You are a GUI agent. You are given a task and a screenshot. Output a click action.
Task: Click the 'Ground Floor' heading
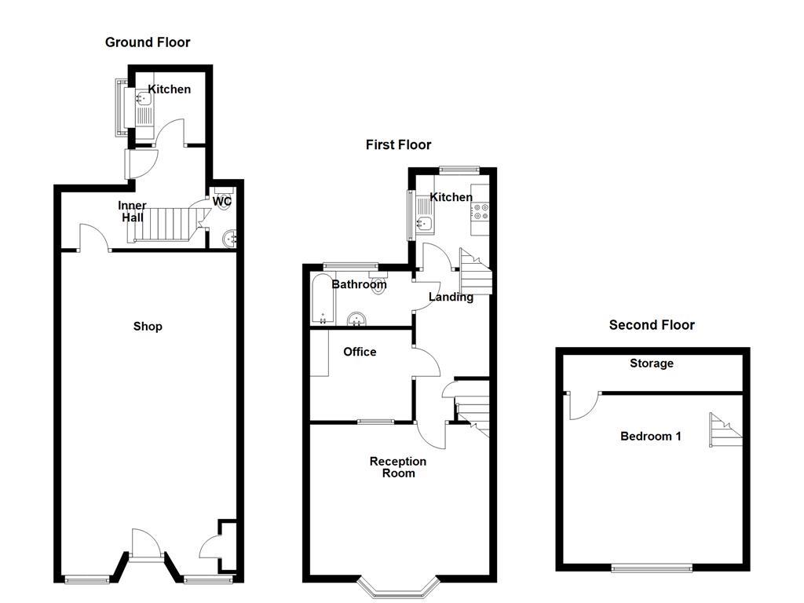tap(148, 42)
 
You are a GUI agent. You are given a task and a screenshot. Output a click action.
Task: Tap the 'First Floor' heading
tap(398, 144)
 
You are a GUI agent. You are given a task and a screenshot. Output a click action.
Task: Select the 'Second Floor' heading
tap(652, 324)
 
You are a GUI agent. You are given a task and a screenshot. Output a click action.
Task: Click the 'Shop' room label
tap(148, 326)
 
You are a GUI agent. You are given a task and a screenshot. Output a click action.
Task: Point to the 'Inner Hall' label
tap(132, 211)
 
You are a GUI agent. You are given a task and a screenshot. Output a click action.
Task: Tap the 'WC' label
tap(222, 202)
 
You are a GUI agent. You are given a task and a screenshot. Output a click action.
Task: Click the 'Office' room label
tap(360, 352)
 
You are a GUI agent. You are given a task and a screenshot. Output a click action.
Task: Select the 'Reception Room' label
tap(398, 467)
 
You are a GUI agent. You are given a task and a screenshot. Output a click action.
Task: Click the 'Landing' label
tap(451, 297)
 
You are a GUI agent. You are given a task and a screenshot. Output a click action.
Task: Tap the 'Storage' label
tap(652, 364)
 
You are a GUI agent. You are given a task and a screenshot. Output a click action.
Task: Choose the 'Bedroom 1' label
tap(651, 436)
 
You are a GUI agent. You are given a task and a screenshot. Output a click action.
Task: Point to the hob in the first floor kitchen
tap(479, 211)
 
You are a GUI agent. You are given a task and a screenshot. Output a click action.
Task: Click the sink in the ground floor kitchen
tap(144, 99)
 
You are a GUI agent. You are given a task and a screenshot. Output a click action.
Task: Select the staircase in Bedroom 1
tap(725, 429)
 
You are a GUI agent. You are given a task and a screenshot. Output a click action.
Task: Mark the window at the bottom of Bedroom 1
tap(652, 568)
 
